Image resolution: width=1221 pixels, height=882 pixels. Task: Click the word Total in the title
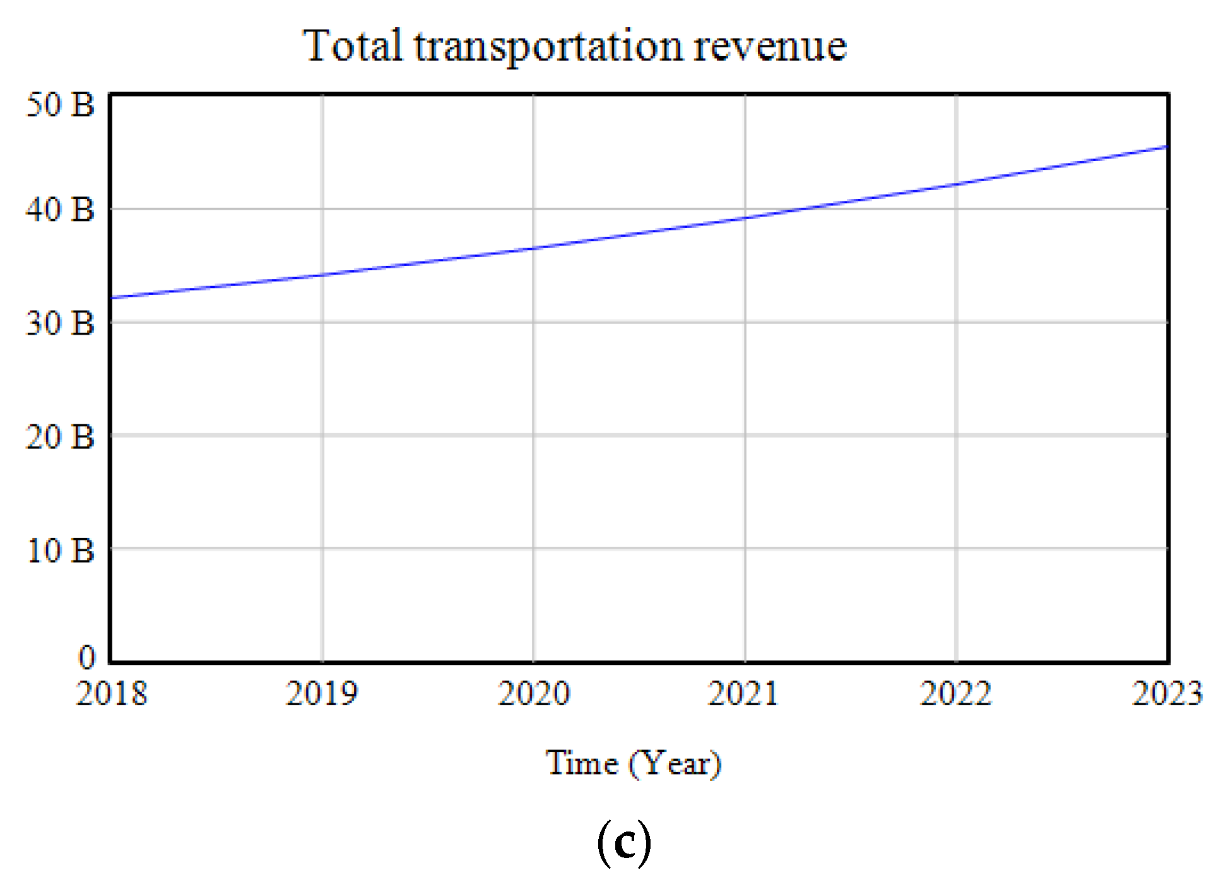pyautogui.click(x=352, y=45)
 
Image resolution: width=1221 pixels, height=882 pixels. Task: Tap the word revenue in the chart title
pyautogui.click(x=769, y=47)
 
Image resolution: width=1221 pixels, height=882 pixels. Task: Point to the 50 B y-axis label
pyautogui.click(x=60, y=105)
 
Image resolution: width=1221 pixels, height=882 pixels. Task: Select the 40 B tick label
pyautogui.click(x=60, y=210)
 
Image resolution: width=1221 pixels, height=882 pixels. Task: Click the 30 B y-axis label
pyautogui.click(x=60, y=323)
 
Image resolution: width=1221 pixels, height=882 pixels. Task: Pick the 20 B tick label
pyautogui.click(x=60, y=437)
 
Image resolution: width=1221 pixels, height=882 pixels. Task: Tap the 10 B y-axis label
pyautogui.click(x=60, y=551)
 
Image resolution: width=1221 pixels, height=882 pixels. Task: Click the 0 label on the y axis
pyautogui.click(x=86, y=658)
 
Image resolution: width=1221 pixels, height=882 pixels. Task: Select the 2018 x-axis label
pyautogui.click(x=112, y=694)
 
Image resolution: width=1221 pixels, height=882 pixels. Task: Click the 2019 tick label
pyautogui.click(x=322, y=694)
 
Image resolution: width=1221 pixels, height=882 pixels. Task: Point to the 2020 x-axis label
pyautogui.click(x=534, y=694)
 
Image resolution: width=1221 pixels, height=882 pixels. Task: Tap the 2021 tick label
pyautogui.click(x=743, y=694)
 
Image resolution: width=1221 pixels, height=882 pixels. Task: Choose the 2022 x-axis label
pyautogui.click(x=955, y=694)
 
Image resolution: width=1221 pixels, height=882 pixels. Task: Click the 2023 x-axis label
pyautogui.click(x=1167, y=694)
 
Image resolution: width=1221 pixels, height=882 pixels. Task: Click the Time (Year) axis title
pyautogui.click(x=633, y=763)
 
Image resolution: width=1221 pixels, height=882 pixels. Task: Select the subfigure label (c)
pyautogui.click(x=623, y=843)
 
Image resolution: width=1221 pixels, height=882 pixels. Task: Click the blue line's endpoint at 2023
pyautogui.click(x=1167, y=147)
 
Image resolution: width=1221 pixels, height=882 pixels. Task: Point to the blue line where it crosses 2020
pyautogui.click(x=533, y=248)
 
